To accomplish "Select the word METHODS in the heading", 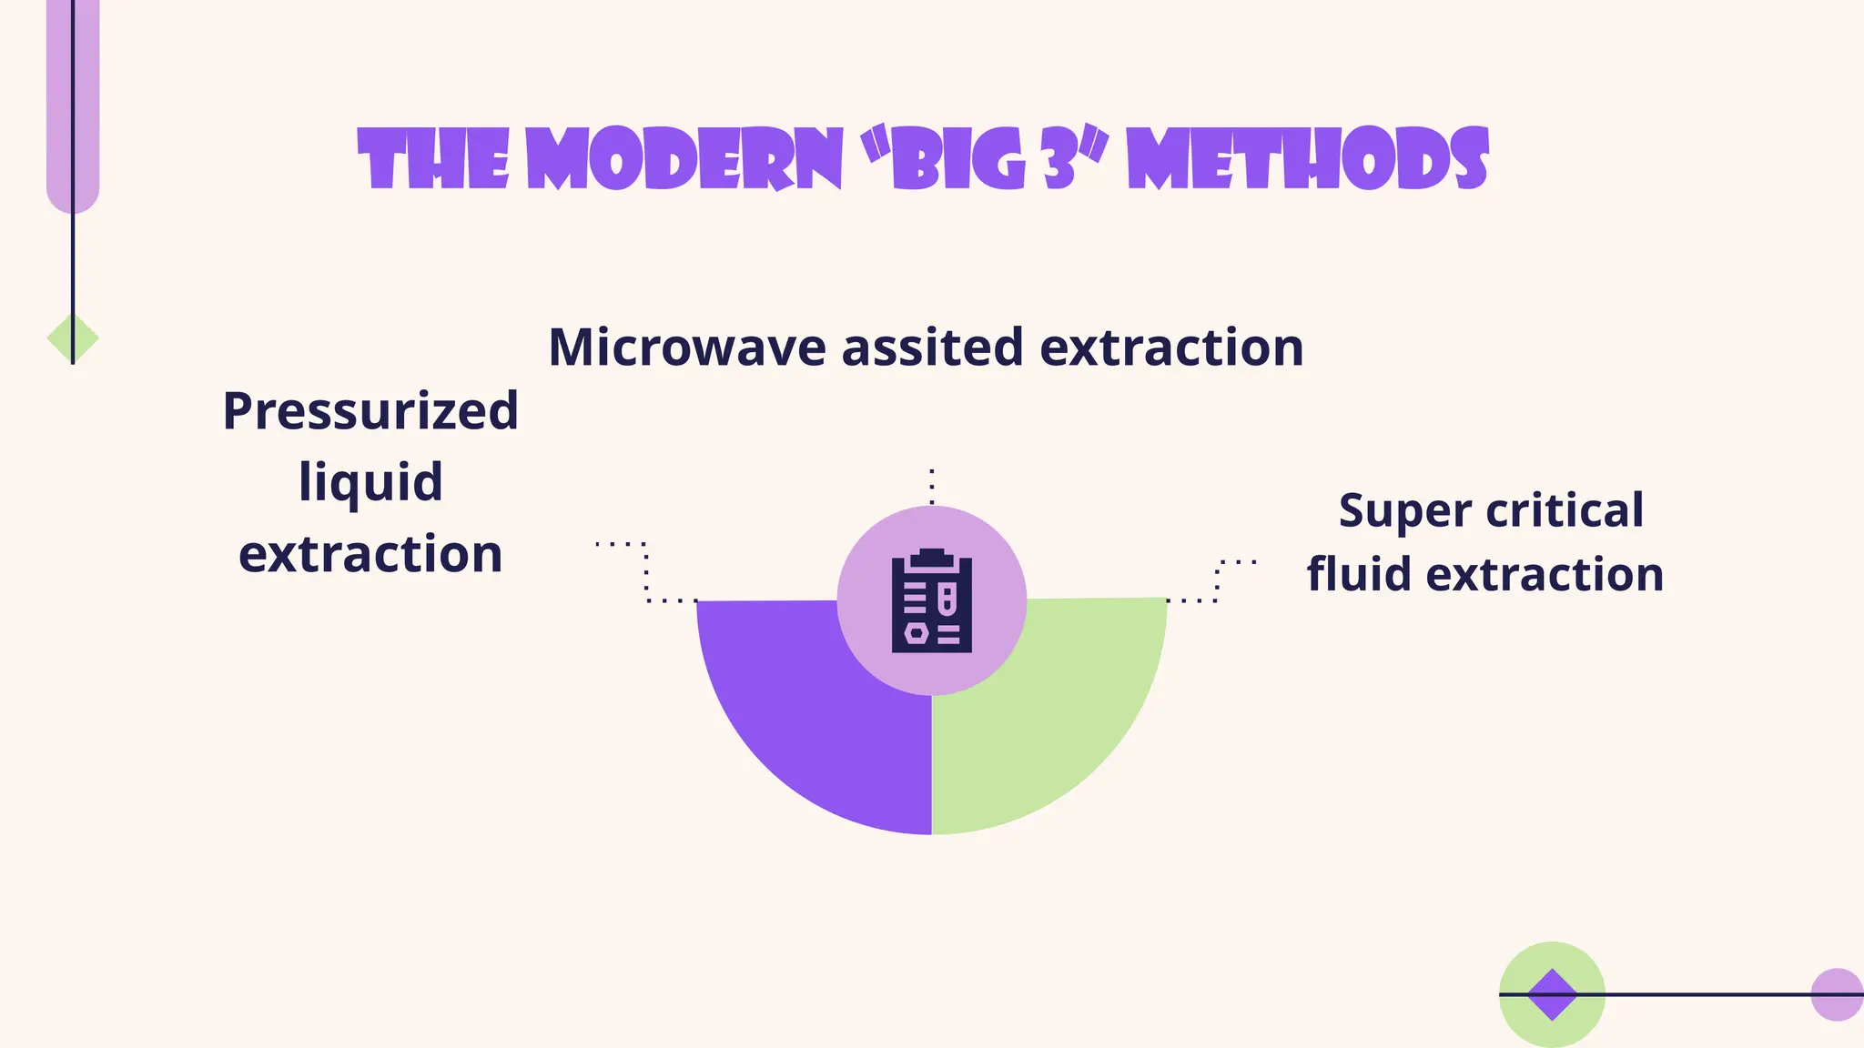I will (x=1307, y=160).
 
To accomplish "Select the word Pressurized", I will (x=370, y=411).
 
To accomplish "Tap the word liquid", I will (x=370, y=482).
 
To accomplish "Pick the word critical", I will (x=1565, y=509).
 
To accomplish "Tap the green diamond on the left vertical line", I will (x=73, y=338).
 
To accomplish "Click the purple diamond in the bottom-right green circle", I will (x=1552, y=994).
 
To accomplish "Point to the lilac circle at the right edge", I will (x=1836, y=994).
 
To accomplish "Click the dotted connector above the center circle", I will (x=932, y=486).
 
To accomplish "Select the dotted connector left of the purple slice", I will (x=645, y=573).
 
